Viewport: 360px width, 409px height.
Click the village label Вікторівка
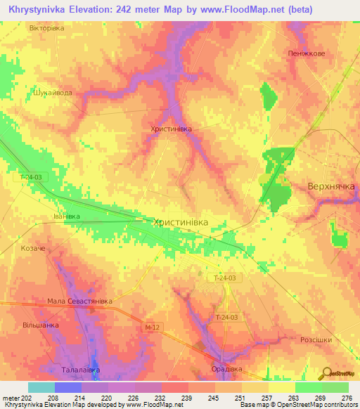point(46,28)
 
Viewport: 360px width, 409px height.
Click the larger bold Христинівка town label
point(181,221)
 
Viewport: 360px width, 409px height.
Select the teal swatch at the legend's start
point(41,387)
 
